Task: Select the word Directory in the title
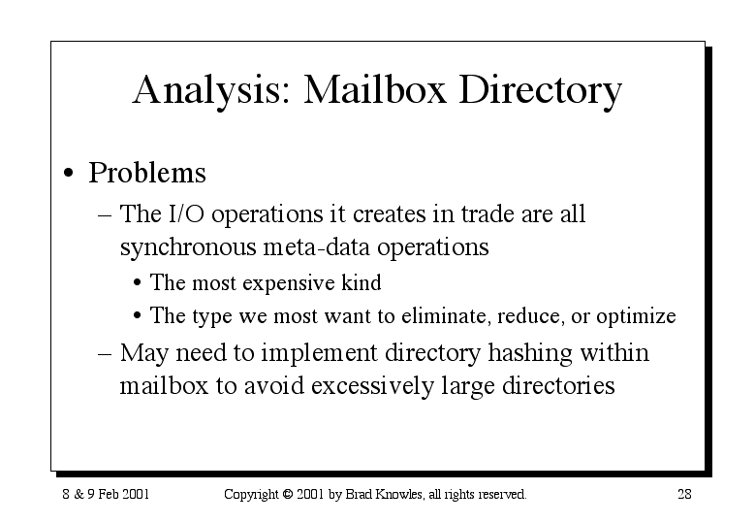(540, 91)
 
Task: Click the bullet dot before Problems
(69, 173)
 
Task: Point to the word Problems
(147, 172)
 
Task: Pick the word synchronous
(188, 247)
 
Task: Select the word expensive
(289, 283)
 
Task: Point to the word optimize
(636, 317)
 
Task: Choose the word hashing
(530, 354)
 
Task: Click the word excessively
(373, 386)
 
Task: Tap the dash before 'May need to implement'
(105, 354)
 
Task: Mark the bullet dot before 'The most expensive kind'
(138, 283)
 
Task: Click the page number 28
(684, 494)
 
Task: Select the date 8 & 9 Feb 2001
(106, 494)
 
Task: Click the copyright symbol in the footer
(288, 494)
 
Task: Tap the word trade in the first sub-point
(488, 213)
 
